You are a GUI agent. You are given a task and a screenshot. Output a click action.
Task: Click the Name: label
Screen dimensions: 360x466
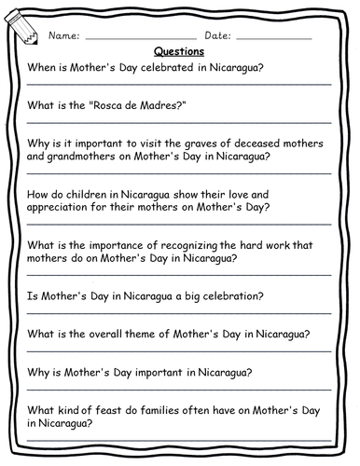[64, 34]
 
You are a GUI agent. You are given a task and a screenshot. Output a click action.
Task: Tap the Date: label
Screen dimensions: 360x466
[215, 34]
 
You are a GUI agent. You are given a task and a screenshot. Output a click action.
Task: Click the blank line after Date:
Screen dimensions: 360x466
[274, 38]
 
